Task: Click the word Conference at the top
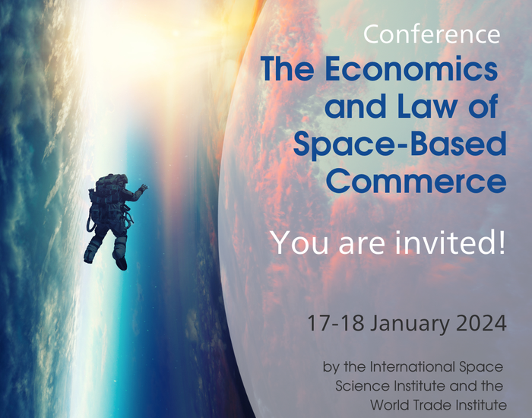[x=432, y=34]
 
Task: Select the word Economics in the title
[x=411, y=69]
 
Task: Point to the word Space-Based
[x=400, y=145]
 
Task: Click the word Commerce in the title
[x=416, y=181]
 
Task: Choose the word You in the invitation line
[x=299, y=243]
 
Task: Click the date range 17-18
[x=335, y=323]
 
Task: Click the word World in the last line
[x=388, y=405]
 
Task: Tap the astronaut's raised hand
[x=144, y=188]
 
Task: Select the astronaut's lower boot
[x=122, y=263]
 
